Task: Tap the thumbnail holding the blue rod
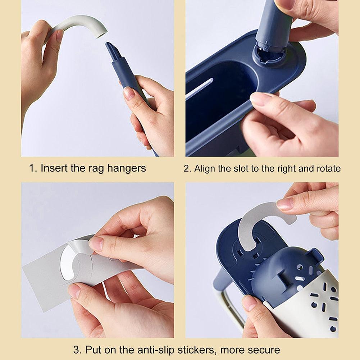[x=129, y=93]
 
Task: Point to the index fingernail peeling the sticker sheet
[x=96, y=243]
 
